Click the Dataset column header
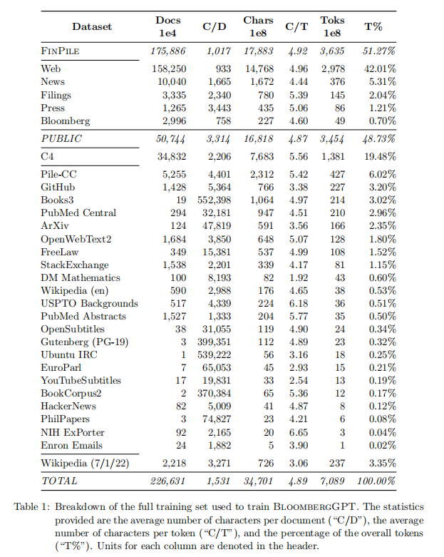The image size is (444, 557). (x=92, y=27)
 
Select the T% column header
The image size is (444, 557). (x=373, y=27)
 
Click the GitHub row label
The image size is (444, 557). (x=58, y=187)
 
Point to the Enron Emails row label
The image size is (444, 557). (x=72, y=445)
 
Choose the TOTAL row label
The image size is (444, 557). (x=59, y=481)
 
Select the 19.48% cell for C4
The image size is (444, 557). (x=379, y=156)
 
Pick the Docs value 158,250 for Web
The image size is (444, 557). (x=168, y=69)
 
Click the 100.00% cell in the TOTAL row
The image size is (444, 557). (x=376, y=481)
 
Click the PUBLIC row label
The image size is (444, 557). (x=61, y=138)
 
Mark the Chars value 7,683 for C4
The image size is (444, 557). (x=259, y=156)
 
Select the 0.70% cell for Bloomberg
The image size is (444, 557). (x=382, y=121)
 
